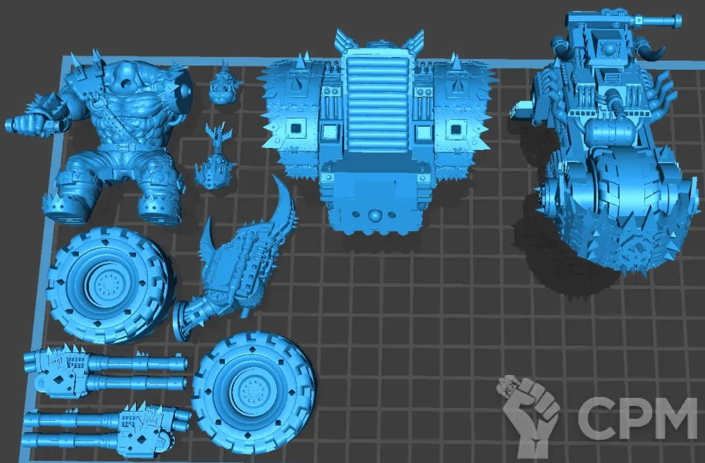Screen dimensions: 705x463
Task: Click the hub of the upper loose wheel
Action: click(x=107, y=283)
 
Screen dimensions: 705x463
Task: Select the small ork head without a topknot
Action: click(x=223, y=84)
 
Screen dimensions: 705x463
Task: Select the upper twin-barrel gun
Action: click(x=106, y=371)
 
